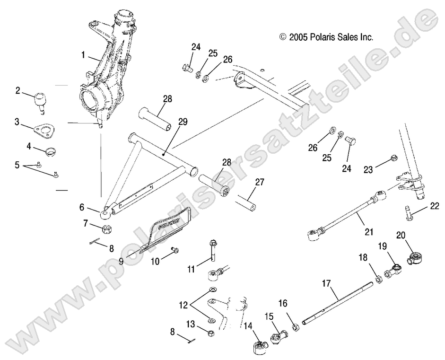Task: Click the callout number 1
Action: (83, 55)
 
